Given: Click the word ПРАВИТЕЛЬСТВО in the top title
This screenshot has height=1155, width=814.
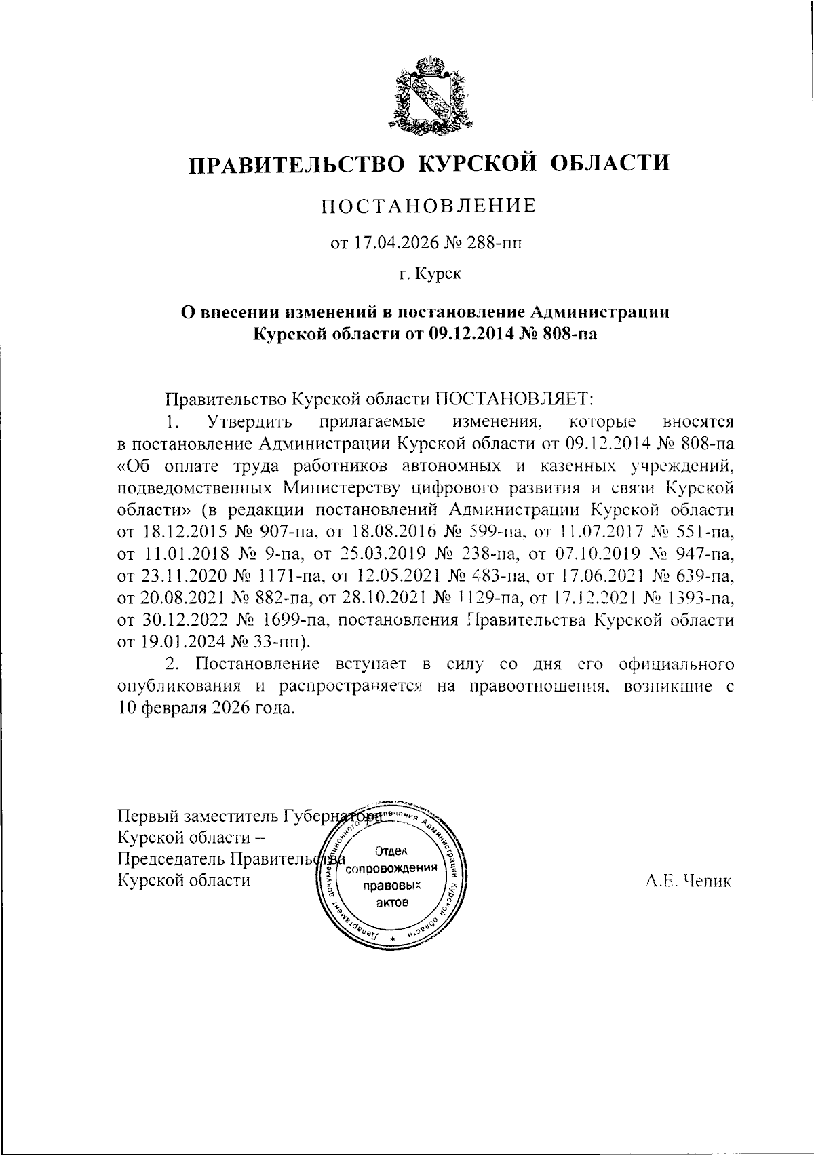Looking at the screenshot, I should point(296,164).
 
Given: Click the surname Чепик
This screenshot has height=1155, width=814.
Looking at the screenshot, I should point(710,881).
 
